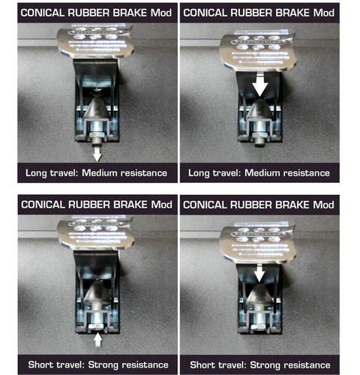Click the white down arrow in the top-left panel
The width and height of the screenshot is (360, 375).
pos(97,154)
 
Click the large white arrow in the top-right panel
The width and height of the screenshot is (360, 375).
pos(260,84)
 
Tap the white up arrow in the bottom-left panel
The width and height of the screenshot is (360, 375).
pos(97,340)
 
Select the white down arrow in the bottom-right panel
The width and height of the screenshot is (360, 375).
pos(259,273)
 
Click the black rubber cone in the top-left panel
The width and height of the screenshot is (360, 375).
pos(97,109)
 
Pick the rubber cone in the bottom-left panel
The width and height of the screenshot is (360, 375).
pos(97,292)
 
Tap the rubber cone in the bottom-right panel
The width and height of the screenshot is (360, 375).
pos(259,295)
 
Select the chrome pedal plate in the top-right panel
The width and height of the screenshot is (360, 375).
pos(257,51)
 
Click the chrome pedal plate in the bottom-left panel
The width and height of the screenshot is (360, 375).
pos(95,233)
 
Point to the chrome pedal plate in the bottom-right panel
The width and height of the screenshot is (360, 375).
pos(257,244)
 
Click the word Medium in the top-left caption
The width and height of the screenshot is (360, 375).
pos(99,172)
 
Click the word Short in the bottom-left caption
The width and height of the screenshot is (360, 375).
pos(40,364)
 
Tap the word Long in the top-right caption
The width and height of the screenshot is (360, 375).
pos(199,173)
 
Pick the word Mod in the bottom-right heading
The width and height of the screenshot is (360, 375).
pos(323,205)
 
